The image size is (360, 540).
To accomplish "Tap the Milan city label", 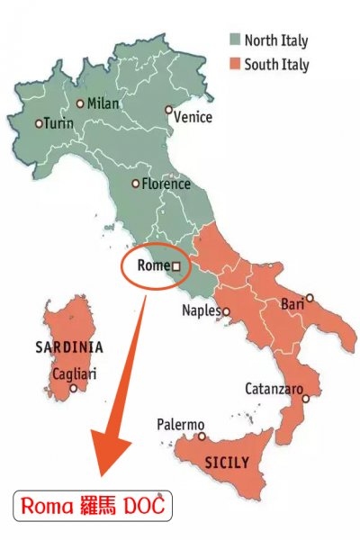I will click(103, 104).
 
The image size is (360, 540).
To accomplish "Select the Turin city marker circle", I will click(38, 123).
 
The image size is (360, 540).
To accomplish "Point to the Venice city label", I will click(193, 117).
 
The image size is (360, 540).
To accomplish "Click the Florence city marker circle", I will click(136, 184).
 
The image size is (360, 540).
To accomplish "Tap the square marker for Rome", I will click(176, 266).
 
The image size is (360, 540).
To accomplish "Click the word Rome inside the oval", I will click(152, 266).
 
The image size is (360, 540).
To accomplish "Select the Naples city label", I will click(201, 311).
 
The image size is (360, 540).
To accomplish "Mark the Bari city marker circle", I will click(310, 297).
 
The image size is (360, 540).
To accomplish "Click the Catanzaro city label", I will click(273, 389).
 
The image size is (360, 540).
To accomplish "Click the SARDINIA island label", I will click(68, 346).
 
